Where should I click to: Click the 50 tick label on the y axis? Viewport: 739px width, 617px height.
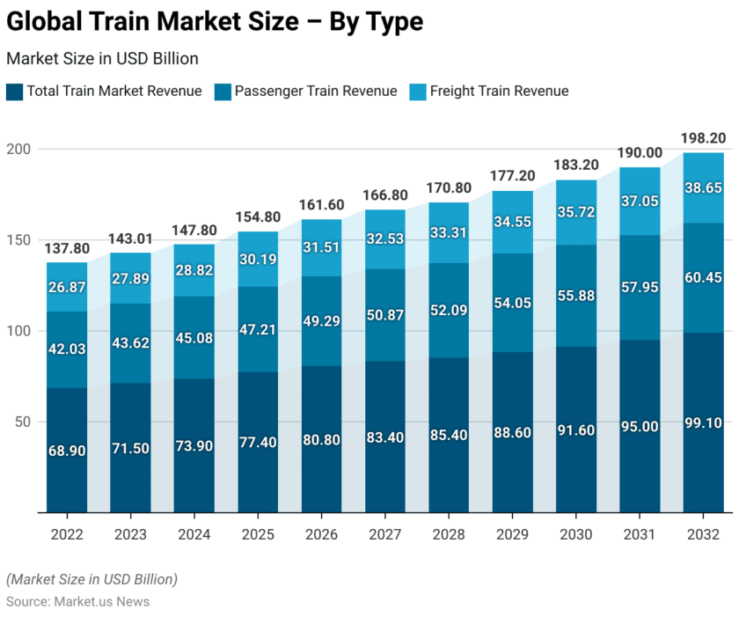24,422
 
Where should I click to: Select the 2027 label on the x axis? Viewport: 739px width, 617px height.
385,534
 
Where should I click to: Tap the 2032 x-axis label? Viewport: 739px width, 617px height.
703,534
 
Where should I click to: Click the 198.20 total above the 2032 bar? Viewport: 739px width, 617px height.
703,138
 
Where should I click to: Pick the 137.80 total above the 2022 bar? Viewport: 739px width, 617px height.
68,248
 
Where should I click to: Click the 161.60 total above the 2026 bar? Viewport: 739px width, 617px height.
322,205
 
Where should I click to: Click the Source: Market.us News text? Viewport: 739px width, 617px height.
77,602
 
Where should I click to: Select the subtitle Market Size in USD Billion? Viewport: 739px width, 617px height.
102,58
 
